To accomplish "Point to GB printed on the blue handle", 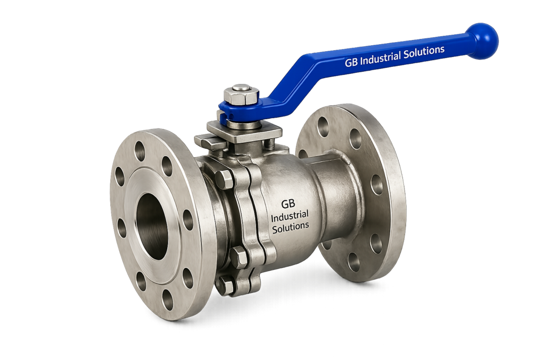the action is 351,62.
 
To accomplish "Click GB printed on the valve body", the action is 288,204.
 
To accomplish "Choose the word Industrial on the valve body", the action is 290,216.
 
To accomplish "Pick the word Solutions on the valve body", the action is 291,227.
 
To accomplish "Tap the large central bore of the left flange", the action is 152,226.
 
